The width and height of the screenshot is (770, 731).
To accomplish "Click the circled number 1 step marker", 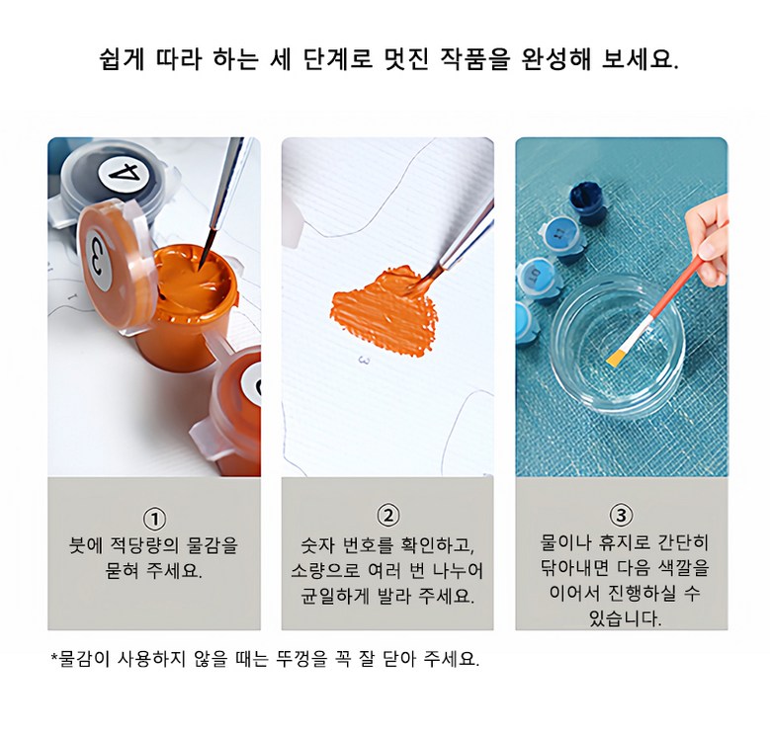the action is coord(154,519).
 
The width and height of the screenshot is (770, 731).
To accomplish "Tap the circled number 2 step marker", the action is coord(387,516).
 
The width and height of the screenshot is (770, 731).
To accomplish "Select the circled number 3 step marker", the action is coord(621,516).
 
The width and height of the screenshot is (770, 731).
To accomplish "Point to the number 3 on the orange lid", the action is coord(97,259).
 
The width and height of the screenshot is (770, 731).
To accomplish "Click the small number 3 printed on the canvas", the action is coord(364,361).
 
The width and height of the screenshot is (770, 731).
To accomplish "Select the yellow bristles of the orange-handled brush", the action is coord(615,359).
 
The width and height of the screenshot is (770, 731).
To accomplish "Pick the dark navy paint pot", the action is coord(588,201).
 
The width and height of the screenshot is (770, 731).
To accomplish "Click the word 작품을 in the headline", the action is coord(474,60).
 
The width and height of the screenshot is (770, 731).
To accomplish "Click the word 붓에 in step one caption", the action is coord(85,545).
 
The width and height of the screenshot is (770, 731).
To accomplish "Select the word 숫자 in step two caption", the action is coord(316,545).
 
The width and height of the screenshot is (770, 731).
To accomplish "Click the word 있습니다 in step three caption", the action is coord(625,618).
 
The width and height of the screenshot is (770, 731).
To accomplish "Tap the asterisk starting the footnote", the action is coord(54,656).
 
